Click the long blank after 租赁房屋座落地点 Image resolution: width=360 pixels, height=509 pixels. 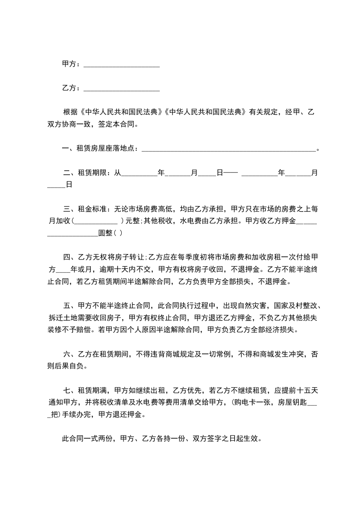click(229, 149)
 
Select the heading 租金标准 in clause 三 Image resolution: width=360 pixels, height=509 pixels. click(92, 209)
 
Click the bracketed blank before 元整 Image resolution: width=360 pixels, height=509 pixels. click(96, 221)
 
